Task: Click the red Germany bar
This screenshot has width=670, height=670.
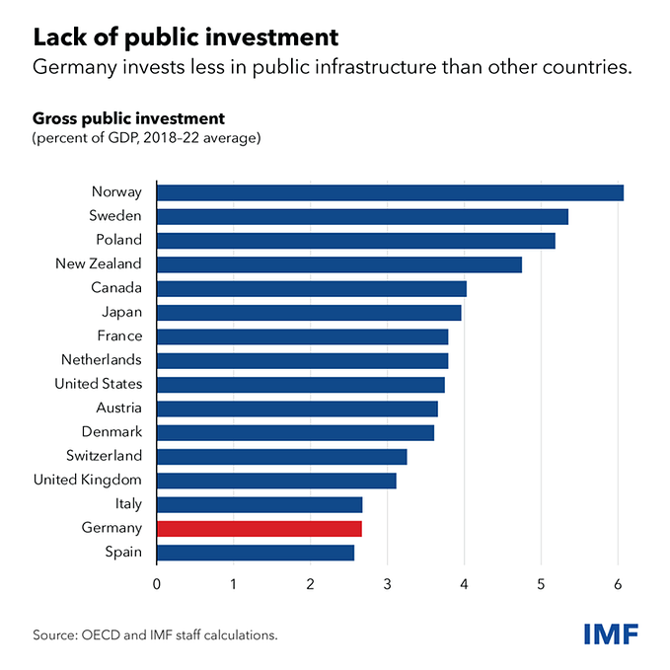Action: point(259,529)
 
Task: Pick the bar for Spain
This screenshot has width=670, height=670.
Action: point(255,553)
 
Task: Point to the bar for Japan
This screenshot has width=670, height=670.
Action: point(309,313)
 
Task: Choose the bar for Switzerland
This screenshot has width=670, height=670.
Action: point(281,457)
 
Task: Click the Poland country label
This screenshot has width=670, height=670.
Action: point(118,240)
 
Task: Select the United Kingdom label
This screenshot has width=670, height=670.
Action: point(88,481)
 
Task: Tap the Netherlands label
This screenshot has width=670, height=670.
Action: point(102,360)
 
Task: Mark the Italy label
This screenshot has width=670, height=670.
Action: point(126,504)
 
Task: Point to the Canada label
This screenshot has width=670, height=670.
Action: point(117,288)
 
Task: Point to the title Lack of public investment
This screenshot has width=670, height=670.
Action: point(186,37)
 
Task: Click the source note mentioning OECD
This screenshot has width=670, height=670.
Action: point(155,634)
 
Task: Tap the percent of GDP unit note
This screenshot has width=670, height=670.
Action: point(147,138)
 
